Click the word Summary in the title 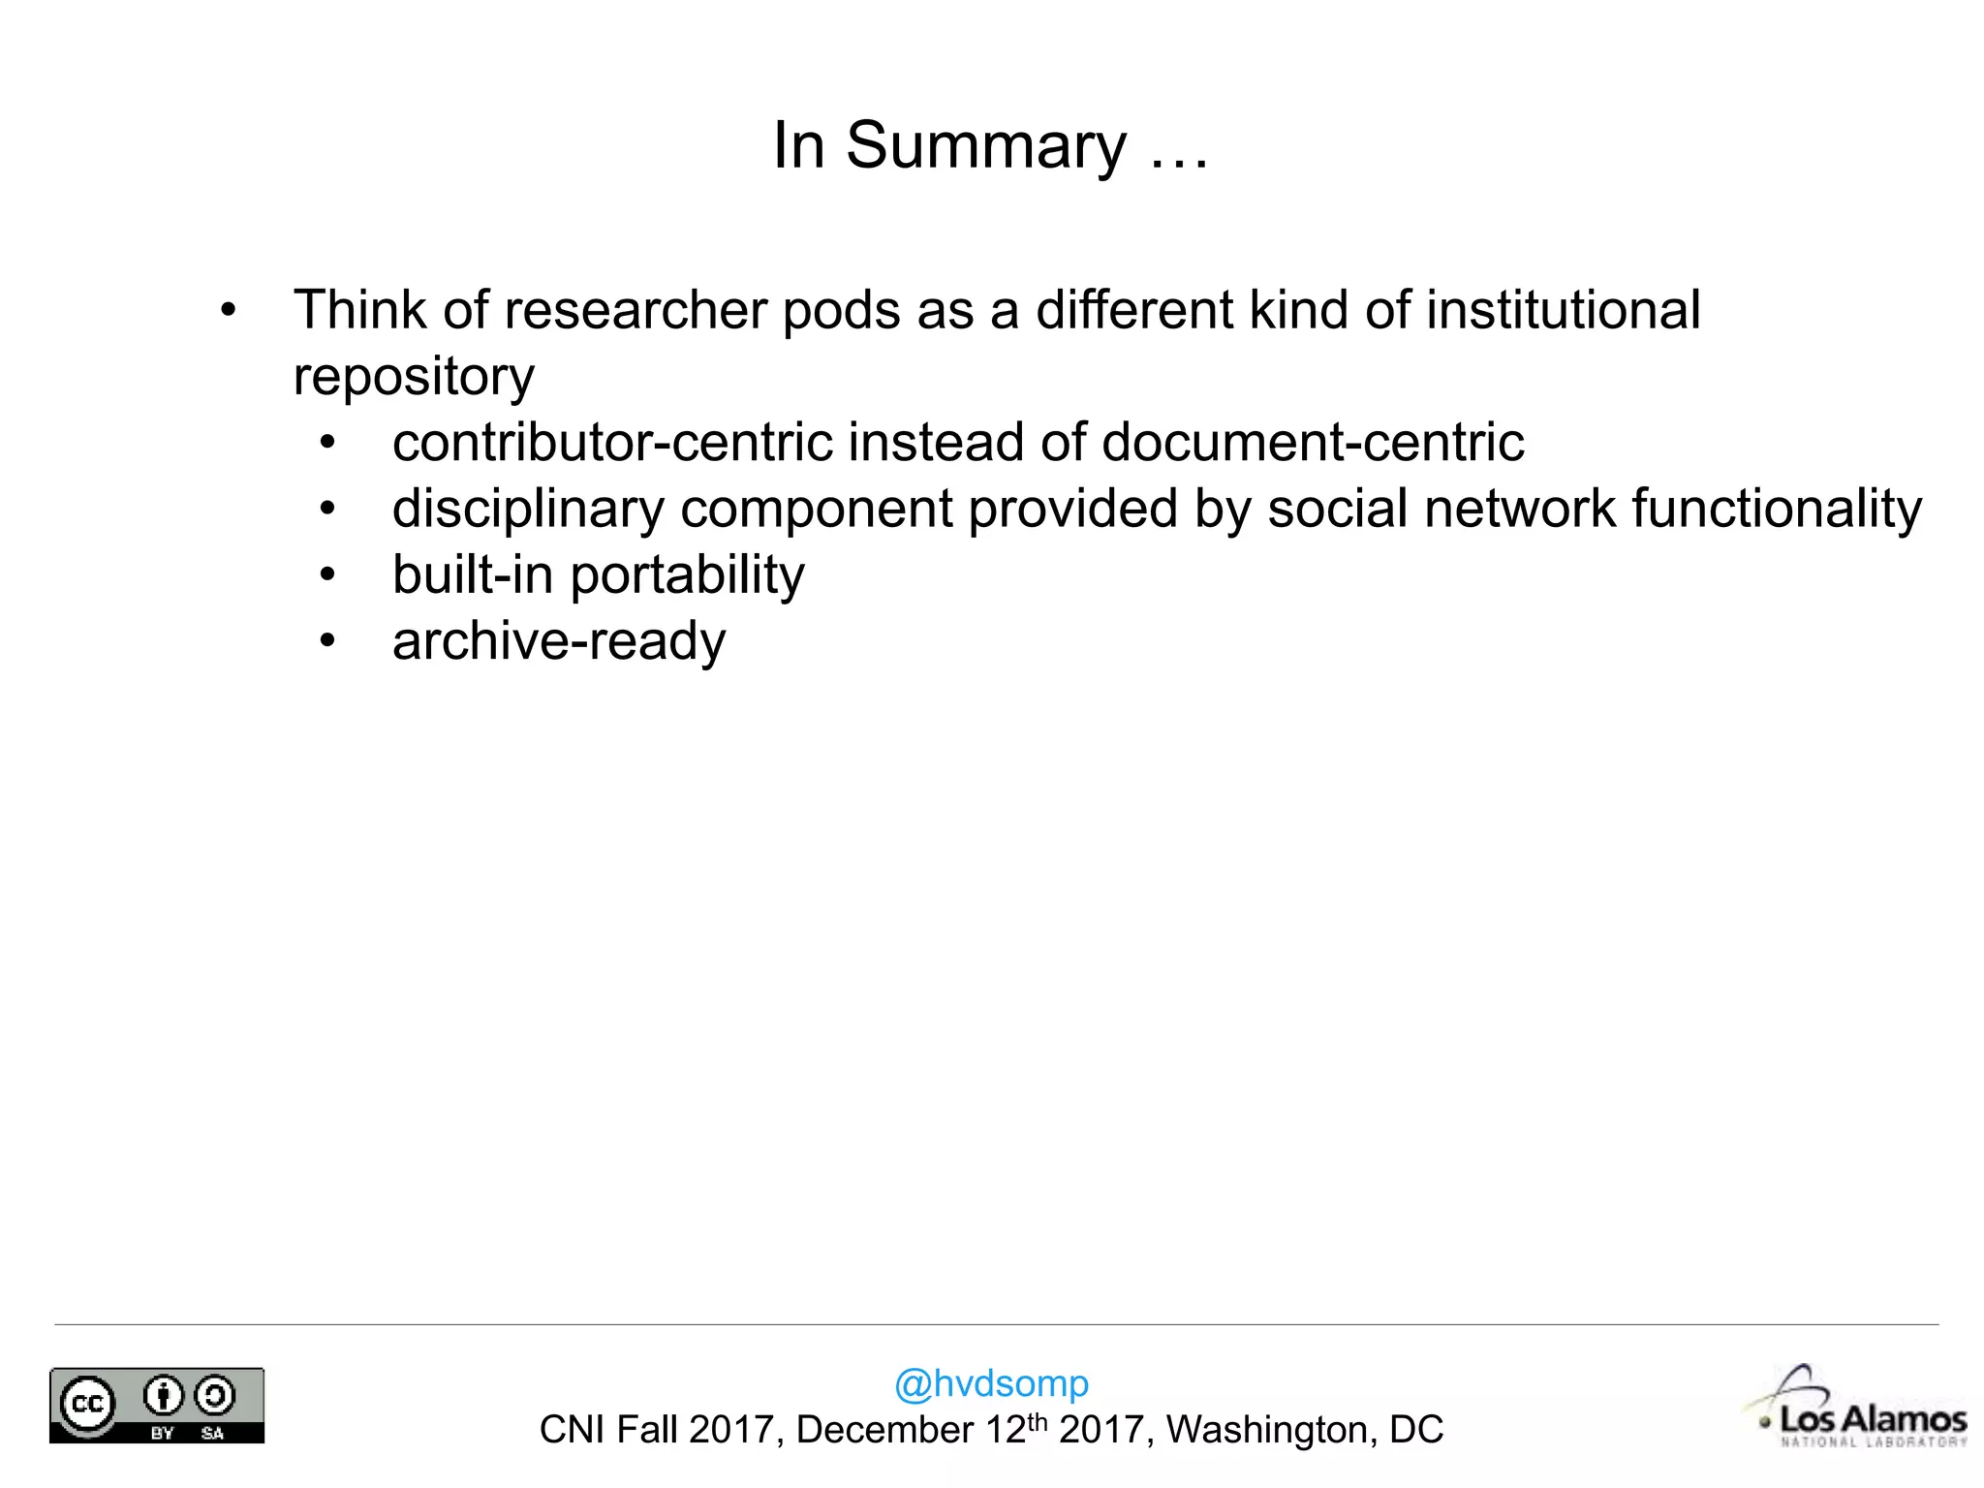point(986,146)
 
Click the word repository point(414,377)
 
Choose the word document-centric point(1313,443)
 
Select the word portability point(687,575)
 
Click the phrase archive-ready point(559,641)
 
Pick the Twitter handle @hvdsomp point(991,1383)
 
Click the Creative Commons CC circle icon point(88,1404)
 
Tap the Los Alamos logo point(1860,1410)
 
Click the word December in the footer point(884,1430)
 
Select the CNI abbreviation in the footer point(572,1430)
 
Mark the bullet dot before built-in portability point(327,575)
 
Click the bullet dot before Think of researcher point(228,311)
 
